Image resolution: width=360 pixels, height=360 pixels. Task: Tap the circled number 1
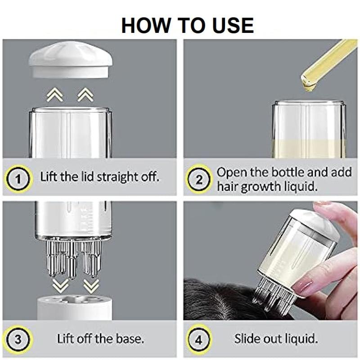click(x=18, y=179)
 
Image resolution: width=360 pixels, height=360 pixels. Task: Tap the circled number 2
click(x=199, y=180)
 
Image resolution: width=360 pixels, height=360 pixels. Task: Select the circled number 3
click(x=18, y=340)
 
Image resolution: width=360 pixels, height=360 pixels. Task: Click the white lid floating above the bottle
click(x=70, y=60)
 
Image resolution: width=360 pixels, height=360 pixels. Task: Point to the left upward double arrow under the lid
click(x=54, y=94)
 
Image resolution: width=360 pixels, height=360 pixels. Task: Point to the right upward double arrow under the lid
click(x=85, y=94)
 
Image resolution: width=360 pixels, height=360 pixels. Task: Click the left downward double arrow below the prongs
click(x=60, y=286)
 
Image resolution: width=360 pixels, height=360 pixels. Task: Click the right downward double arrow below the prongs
click(x=91, y=286)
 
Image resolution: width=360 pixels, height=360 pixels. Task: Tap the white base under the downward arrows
click(x=75, y=308)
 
